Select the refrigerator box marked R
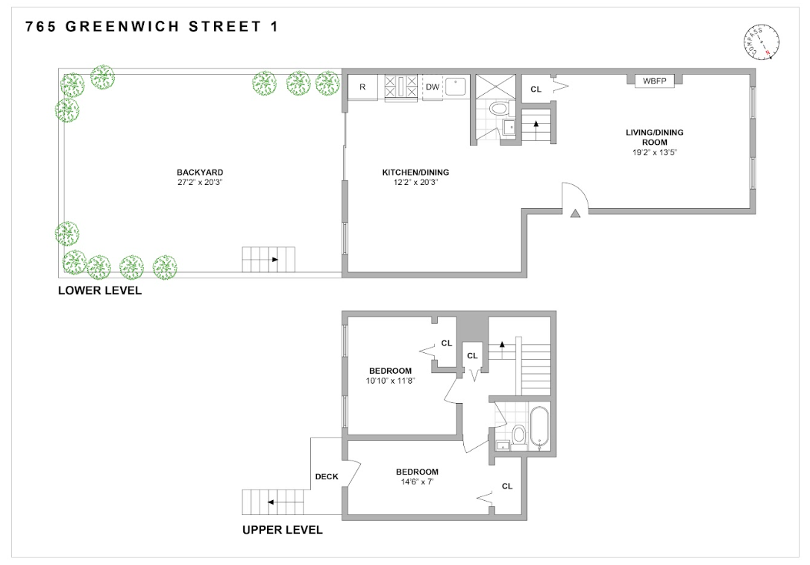362,87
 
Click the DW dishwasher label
432,87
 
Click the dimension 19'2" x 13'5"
654,152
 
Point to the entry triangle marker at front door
575,214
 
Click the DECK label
327,475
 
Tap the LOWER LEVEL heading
100,291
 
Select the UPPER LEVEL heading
283,530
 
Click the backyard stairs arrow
274,260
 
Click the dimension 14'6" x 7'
416,482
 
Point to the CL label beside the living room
536,90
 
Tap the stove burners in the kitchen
401,87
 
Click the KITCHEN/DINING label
415,172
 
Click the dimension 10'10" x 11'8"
390,381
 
